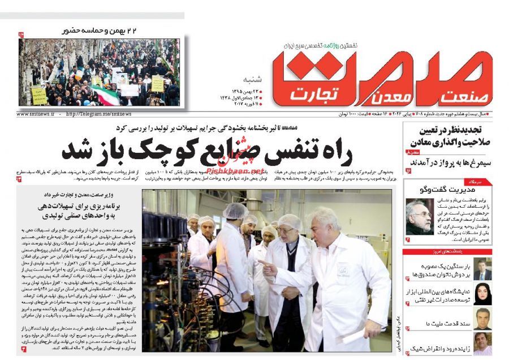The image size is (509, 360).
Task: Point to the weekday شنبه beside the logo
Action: tap(253, 78)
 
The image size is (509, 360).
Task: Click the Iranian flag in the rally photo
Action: tap(107, 95)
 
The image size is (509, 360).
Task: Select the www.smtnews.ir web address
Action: tap(35, 113)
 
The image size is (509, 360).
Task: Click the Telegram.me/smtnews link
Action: tap(98, 113)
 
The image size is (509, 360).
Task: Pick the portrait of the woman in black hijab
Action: tap(482, 294)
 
